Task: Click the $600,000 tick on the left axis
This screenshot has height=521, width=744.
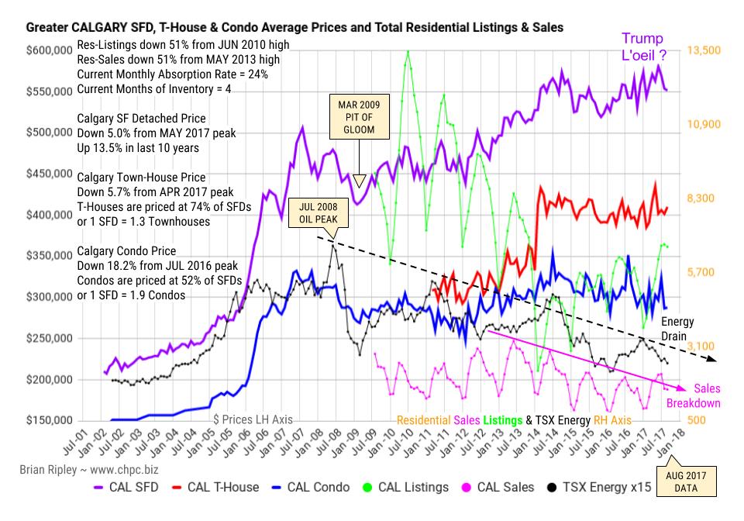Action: (x=50, y=50)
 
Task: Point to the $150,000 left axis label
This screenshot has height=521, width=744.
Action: (x=50, y=421)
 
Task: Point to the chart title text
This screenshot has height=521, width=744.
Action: (x=294, y=28)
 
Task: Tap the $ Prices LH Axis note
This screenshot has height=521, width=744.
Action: (x=253, y=419)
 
